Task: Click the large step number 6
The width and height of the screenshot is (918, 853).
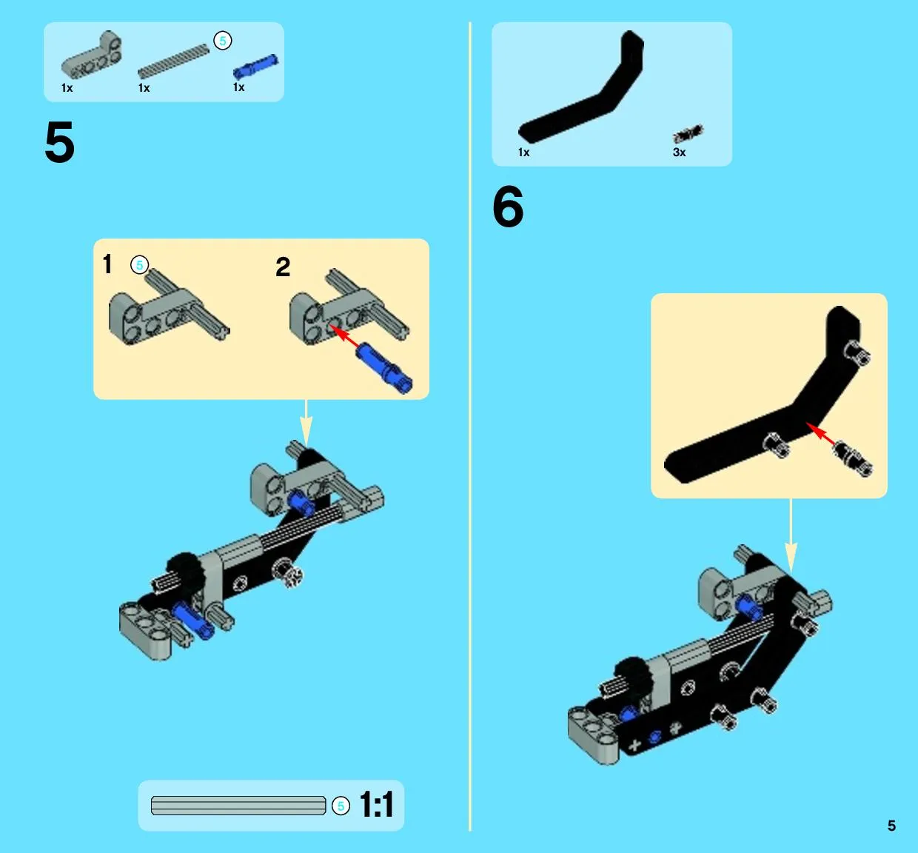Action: coord(508,206)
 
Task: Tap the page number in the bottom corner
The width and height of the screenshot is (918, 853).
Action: coord(891,826)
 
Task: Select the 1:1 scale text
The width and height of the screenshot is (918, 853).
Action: coord(376,805)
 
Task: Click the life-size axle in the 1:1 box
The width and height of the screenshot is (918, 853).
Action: coord(238,806)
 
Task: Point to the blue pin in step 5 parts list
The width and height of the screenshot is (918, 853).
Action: coord(255,66)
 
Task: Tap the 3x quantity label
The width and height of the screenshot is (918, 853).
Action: coord(679,152)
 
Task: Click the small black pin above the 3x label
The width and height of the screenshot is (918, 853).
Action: coord(688,133)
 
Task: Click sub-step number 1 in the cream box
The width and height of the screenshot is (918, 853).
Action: coord(107,264)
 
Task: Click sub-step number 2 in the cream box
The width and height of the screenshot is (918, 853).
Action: coord(283,267)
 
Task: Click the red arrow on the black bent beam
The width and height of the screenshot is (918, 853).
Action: coord(821,434)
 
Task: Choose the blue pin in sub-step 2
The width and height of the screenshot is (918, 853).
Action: coord(383,367)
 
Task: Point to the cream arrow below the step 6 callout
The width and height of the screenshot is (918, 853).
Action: coord(791,536)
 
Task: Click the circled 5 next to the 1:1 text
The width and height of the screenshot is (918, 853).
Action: coord(341,806)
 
